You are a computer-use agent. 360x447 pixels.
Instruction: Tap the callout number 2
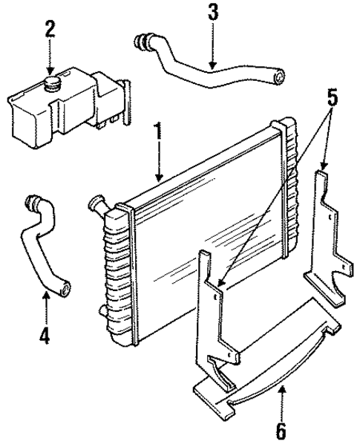click(x=50, y=30)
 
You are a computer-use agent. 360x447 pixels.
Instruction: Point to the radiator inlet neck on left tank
click(x=97, y=203)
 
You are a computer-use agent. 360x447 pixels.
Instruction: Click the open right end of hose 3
click(x=278, y=74)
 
